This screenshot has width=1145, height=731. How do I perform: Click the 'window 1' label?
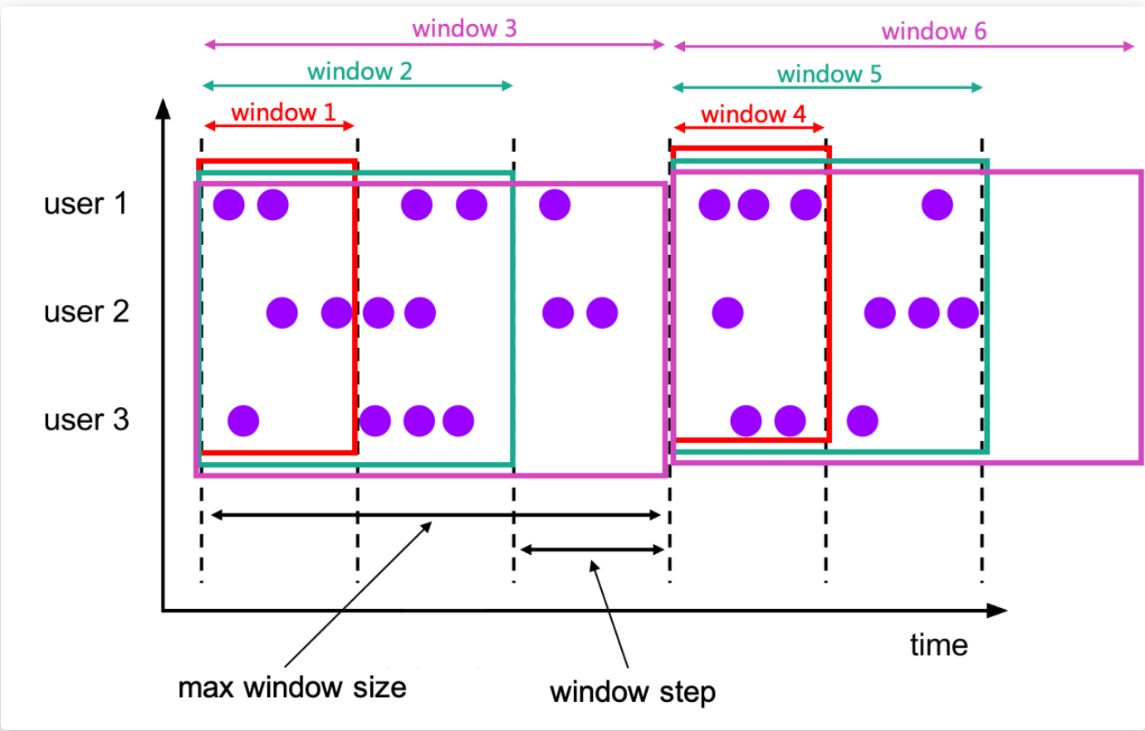pyautogui.click(x=283, y=112)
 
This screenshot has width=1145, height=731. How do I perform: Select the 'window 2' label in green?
pyautogui.click(x=360, y=71)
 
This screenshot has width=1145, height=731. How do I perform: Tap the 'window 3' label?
pyautogui.click(x=464, y=29)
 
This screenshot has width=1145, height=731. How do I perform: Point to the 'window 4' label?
pyautogui.click(x=753, y=114)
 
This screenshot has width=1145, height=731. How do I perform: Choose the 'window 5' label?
pyautogui.click(x=829, y=74)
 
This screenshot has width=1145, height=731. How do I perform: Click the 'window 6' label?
pyautogui.click(x=933, y=32)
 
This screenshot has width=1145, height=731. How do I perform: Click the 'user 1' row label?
pyautogui.click(x=86, y=204)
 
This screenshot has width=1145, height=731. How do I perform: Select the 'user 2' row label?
pyautogui.click(x=86, y=312)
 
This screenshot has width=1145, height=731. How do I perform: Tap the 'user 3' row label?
pyautogui.click(x=86, y=419)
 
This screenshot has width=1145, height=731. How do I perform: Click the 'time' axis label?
pyautogui.click(x=938, y=645)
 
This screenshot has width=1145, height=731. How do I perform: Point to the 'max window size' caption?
pyautogui.click(x=292, y=687)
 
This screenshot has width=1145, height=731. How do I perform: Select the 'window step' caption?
pyautogui.click(x=632, y=691)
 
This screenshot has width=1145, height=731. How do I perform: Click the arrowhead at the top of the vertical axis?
pyautogui.click(x=164, y=108)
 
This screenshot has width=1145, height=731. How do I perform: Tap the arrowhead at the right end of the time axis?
pyautogui.click(x=998, y=611)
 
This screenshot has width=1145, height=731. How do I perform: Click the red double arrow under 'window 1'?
pyautogui.click(x=280, y=126)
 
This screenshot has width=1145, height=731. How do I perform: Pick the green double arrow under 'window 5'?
pyautogui.click(x=827, y=87)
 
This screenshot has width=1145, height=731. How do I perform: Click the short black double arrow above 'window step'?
pyautogui.click(x=592, y=549)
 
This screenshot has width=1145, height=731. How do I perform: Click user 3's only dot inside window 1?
pyautogui.click(x=243, y=421)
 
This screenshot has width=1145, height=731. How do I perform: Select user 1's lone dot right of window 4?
pyautogui.click(x=937, y=204)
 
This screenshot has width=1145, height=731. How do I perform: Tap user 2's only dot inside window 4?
pyautogui.click(x=727, y=313)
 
